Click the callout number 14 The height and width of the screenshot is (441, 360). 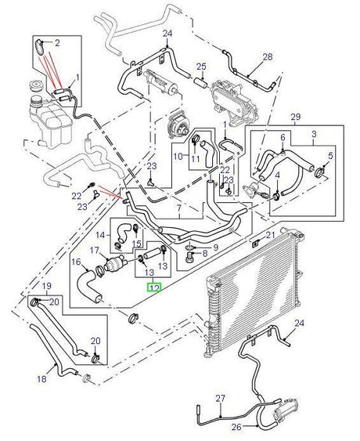100,233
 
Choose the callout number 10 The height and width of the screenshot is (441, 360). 178,156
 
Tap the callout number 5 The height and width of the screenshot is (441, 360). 331,156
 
